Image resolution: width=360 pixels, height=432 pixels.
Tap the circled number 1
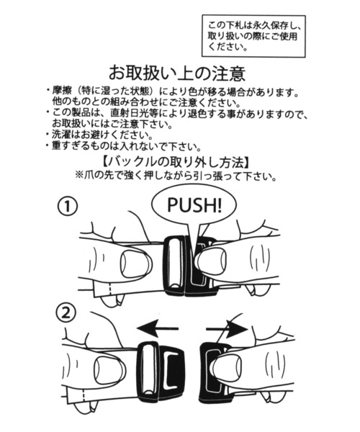pyautogui.click(x=67, y=207)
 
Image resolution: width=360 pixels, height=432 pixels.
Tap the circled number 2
pyautogui.click(x=66, y=314)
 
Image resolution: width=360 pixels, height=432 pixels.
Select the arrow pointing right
pyautogui.click(x=227, y=329)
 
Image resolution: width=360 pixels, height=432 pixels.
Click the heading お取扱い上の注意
pyautogui.click(x=177, y=73)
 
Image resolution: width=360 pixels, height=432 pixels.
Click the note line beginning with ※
pyautogui.click(x=176, y=175)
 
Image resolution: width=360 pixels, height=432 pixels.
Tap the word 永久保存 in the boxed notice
pyautogui.click(x=260, y=24)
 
